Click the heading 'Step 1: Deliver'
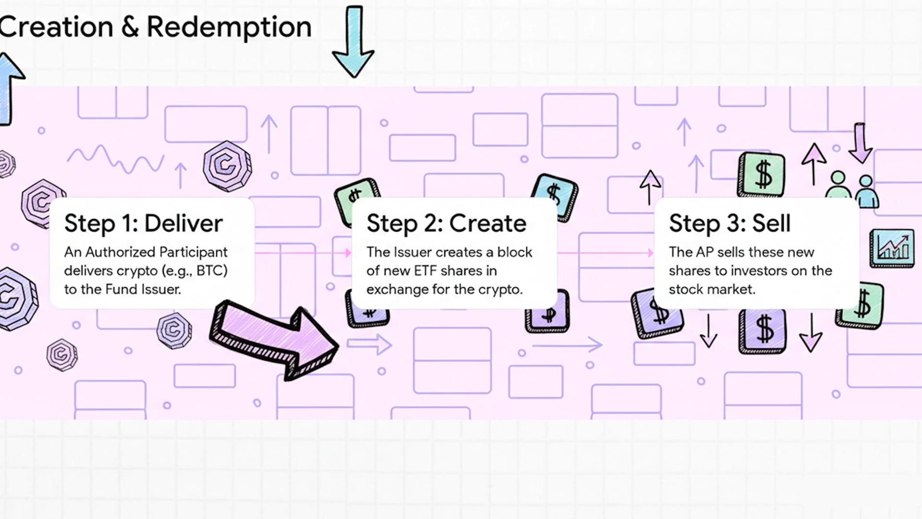tap(143, 223)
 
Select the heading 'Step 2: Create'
tap(446, 223)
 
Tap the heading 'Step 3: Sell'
tap(729, 223)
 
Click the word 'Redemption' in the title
tap(229, 27)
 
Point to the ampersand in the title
tap(130, 27)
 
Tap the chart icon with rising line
tap(892, 248)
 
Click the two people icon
tap(852, 190)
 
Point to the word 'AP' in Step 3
tap(704, 252)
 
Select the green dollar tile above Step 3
tap(762, 174)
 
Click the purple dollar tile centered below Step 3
tap(763, 331)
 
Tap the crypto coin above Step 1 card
tap(227, 166)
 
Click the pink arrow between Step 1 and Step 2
tap(303, 252)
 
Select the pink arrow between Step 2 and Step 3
tap(605, 252)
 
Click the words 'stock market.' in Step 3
tap(712, 289)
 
